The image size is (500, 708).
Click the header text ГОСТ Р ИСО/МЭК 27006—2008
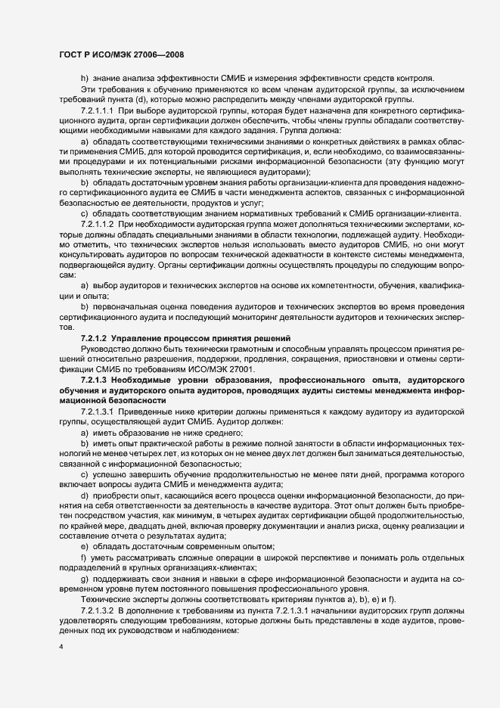pyautogui.click(x=120, y=54)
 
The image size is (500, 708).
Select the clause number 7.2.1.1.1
pyautogui.click(x=97, y=110)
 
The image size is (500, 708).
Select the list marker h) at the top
pyautogui.click(x=84, y=79)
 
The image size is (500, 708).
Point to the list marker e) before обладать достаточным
pyautogui.click(x=84, y=524)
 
